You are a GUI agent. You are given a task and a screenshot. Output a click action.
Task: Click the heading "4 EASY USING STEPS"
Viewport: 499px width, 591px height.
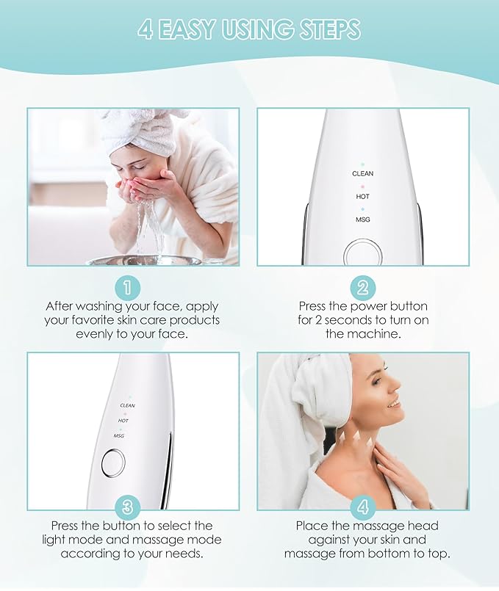pyautogui.click(x=249, y=30)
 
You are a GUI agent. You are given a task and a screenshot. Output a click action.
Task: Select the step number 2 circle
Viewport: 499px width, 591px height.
pyautogui.click(x=362, y=286)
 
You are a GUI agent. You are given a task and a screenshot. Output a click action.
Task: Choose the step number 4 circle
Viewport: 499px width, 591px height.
pyautogui.click(x=362, y=506)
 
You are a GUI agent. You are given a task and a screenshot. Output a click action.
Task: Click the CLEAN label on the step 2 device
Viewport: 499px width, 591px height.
pyautogui.click(x=362, y=174)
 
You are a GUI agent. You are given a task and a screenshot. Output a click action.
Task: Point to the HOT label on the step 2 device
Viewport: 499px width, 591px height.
pyautogui.click(x=362, y=197)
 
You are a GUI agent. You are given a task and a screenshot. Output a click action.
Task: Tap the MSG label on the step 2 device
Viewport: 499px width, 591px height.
pyautogui.click(x=362, y=220)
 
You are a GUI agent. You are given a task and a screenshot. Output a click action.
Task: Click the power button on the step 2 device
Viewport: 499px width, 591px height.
pyautogui.click(x=362, y=254)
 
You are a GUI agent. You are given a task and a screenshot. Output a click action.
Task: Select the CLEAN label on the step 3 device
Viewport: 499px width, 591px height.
pyautogui.click(x=128, y=405)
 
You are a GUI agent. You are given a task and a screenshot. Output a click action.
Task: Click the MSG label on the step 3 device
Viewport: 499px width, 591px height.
pyautogui.click(x=118, y=435)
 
